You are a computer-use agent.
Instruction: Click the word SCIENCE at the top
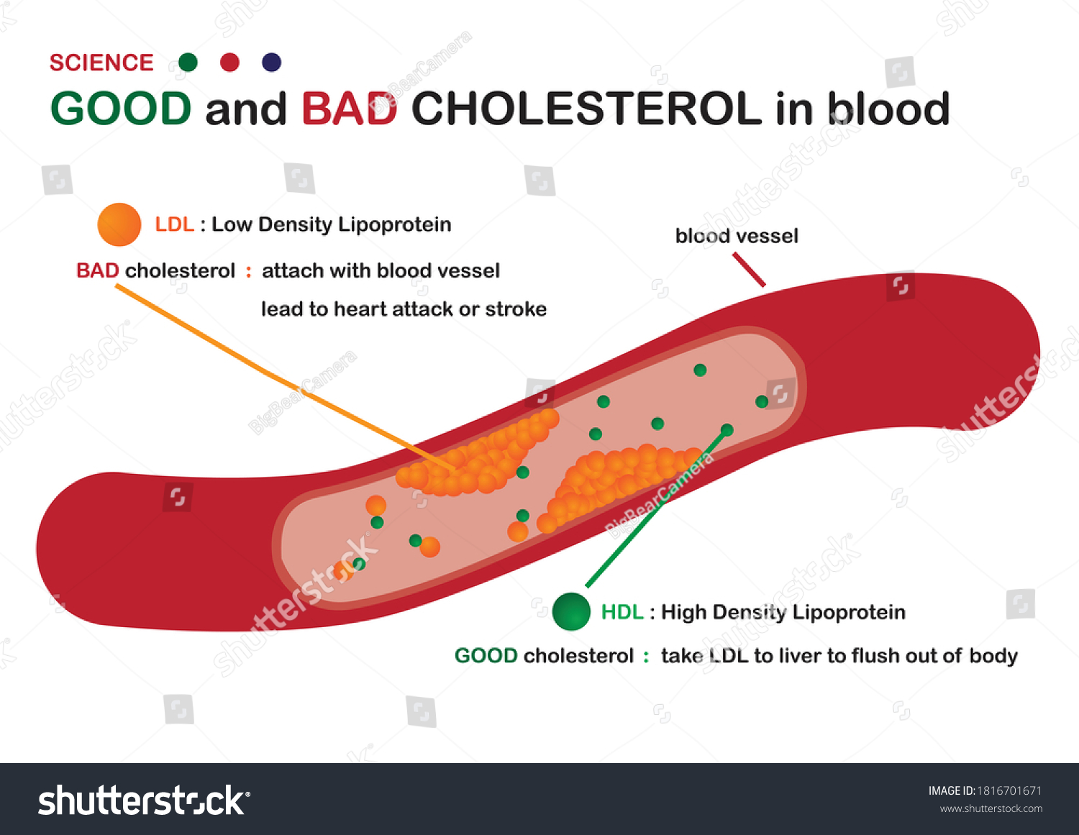pyautogui.click(x=101, y=63)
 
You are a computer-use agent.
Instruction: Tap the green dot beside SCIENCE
pyautogui.click(x=188, y=63)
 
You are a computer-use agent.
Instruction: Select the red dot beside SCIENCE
pyautogui.click(x=229, y=63)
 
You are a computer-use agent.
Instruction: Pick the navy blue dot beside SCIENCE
pyautogui.click(x=271, y=63)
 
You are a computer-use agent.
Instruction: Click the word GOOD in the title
pyautogui.click(x=121, y=109)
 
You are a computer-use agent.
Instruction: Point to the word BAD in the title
pyautogui.click(x=349, y=109)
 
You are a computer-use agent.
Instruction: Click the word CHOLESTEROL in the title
pyautogui.click(x=586, y=109)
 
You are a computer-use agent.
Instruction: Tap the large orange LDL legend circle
pyautogui.click(x=119, y=224)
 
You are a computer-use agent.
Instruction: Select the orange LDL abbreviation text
pyautogui.click(x=174, y=224)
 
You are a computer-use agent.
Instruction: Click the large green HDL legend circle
pyautogui.click(x=571, y=611)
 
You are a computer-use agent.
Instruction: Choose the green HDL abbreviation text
pyautogui.click(x=622, y=612)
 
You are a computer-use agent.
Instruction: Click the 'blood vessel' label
pyautogui.click(x=737, y=236)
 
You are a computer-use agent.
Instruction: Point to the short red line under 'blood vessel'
pyautogui.click(x=749, y=270)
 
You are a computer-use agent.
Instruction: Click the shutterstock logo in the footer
pyautogui.click(x=144, y=800)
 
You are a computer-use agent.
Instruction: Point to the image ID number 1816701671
pyautogui.click(x=1009, y=790)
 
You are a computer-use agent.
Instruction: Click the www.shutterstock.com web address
pyautogui.click(x=991, y=808)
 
